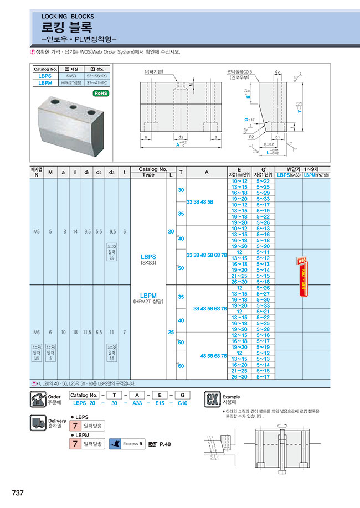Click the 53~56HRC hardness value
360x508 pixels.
click(x=96, y=75)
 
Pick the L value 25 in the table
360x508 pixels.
click(x=171, y=332)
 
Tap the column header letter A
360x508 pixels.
click(x=207, y=172)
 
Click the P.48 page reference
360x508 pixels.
click(x=165, y=444)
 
